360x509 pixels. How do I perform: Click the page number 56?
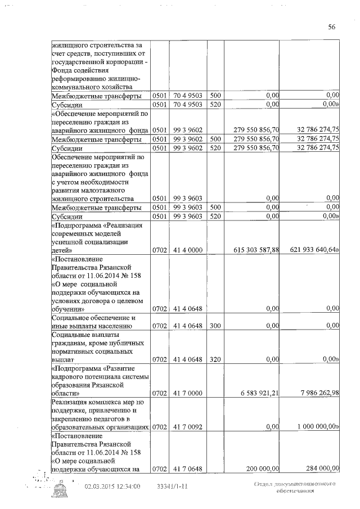pos(332,27)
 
